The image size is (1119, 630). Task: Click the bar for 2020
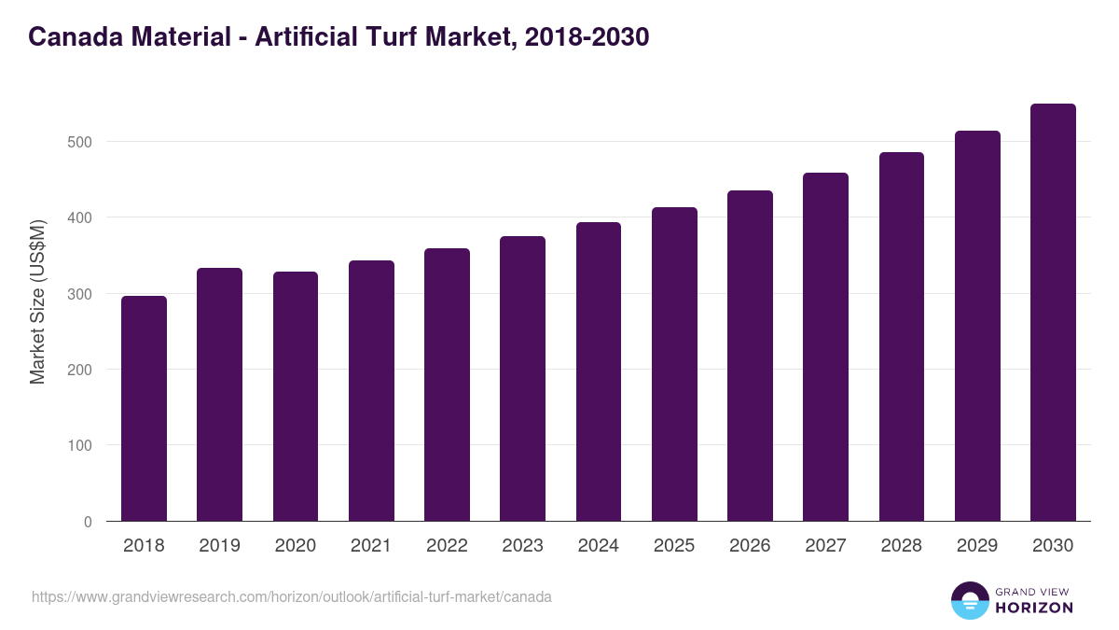tap(296, 397)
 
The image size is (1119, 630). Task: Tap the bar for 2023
tap(522, 379)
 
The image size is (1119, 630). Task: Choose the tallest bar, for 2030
tap(1053, 313)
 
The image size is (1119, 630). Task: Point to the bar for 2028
tap(901, 337)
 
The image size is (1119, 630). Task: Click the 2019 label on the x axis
tap(219, 546)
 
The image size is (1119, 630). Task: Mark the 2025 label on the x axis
tap(674, 546)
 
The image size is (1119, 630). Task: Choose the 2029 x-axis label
tap(977, 546)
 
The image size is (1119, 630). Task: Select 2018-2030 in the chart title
tap(587, 37)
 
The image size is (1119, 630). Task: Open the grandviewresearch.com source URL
tap(292, 596)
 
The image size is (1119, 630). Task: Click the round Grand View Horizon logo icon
tap(969, 600)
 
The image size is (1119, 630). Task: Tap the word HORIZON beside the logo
tap(1034, 608)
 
